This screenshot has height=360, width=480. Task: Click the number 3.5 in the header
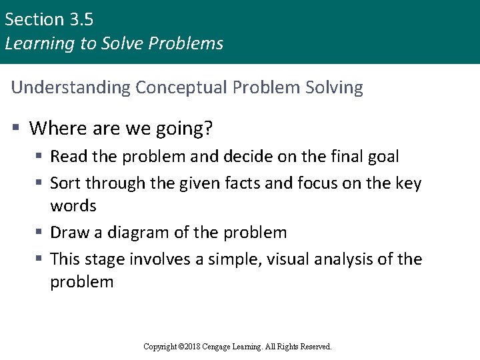80,19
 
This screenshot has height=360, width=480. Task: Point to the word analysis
351,259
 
